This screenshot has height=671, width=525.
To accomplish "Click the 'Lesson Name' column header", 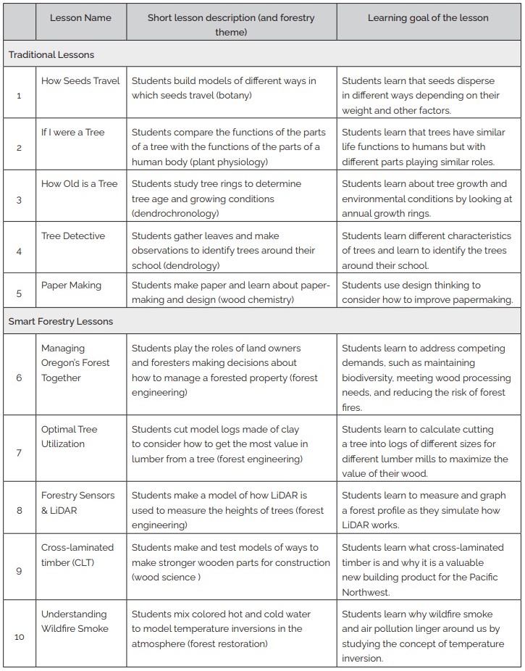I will click(x=80, y=17).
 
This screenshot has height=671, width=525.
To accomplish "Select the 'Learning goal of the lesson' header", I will click(x=427, y=17).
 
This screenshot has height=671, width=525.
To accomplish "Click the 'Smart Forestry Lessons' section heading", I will click(x=61, y=321).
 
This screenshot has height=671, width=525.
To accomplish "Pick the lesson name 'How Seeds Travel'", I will click(x=80, y=80).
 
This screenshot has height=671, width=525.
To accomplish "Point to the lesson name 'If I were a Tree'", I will click(x=72, y=132).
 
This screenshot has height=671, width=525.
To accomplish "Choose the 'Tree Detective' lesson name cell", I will click(x=72, y=236).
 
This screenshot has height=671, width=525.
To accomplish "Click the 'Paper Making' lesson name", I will click(x=71, y=285).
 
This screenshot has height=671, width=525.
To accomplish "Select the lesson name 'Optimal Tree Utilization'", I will click(x=69, y=436).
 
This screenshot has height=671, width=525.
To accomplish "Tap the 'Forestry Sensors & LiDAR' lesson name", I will click(x=77, y=503).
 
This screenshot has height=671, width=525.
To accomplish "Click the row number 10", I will click(x=19, y=637).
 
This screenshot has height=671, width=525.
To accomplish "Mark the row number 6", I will click(x=19, y=378).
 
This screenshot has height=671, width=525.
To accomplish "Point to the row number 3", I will click(x=19, y=199).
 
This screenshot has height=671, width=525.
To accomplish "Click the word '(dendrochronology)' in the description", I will click(x=175, y=213).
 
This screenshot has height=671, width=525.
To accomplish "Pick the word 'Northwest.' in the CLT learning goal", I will click(x=366, y=592).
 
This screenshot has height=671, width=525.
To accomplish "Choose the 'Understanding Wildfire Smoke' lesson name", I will click(x=74, y=621).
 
